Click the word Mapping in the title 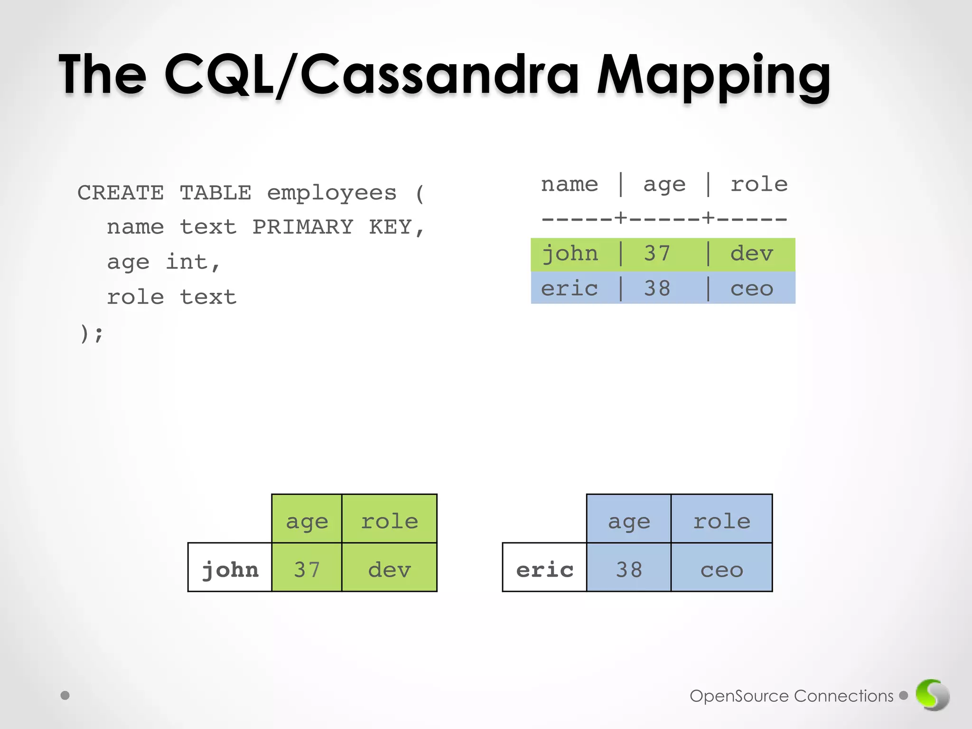coord(713,76)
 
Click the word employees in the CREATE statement coord(331,193)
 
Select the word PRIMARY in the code coord(302,227)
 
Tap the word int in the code coord(187,262)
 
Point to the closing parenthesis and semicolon coord(91,333)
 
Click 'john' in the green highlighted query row coord(570,254)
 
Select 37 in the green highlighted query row coord(657,254)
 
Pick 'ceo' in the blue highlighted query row coord(752,289)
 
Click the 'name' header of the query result coord(570,184)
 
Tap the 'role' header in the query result coord(759,184)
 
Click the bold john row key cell coord(230,568)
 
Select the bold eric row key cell coord(545,568)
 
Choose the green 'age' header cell coord(307,519)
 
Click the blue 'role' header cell coord(721,519)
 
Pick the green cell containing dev coord(389,568)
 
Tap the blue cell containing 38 coord(629,568)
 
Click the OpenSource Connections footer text coord(791,696)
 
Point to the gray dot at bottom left coord(65,695)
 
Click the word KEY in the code coord(390,227)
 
